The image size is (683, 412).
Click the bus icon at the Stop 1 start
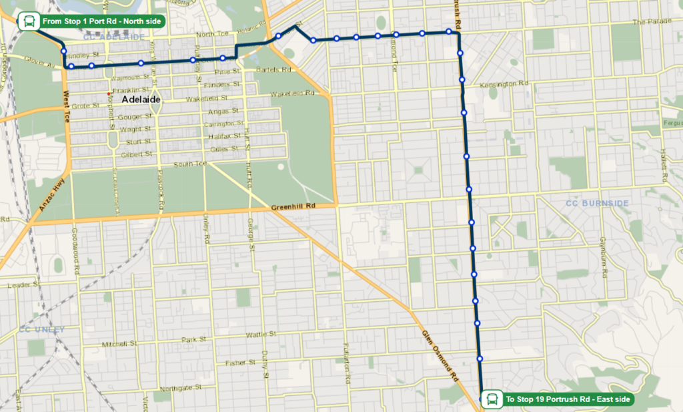[x=27, y=21]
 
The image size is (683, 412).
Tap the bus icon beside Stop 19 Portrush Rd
[x=492, y=399]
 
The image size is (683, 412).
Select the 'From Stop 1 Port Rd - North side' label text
[x=101, y=22]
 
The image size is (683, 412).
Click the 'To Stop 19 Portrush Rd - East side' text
[x=567, y=399]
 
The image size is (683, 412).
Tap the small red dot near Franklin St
[x=109, y=93]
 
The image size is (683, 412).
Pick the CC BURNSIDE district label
[x=596, y=203]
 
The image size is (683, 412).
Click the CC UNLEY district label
[x=42, y=329]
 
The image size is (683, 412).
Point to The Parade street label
[x=650, y=21]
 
